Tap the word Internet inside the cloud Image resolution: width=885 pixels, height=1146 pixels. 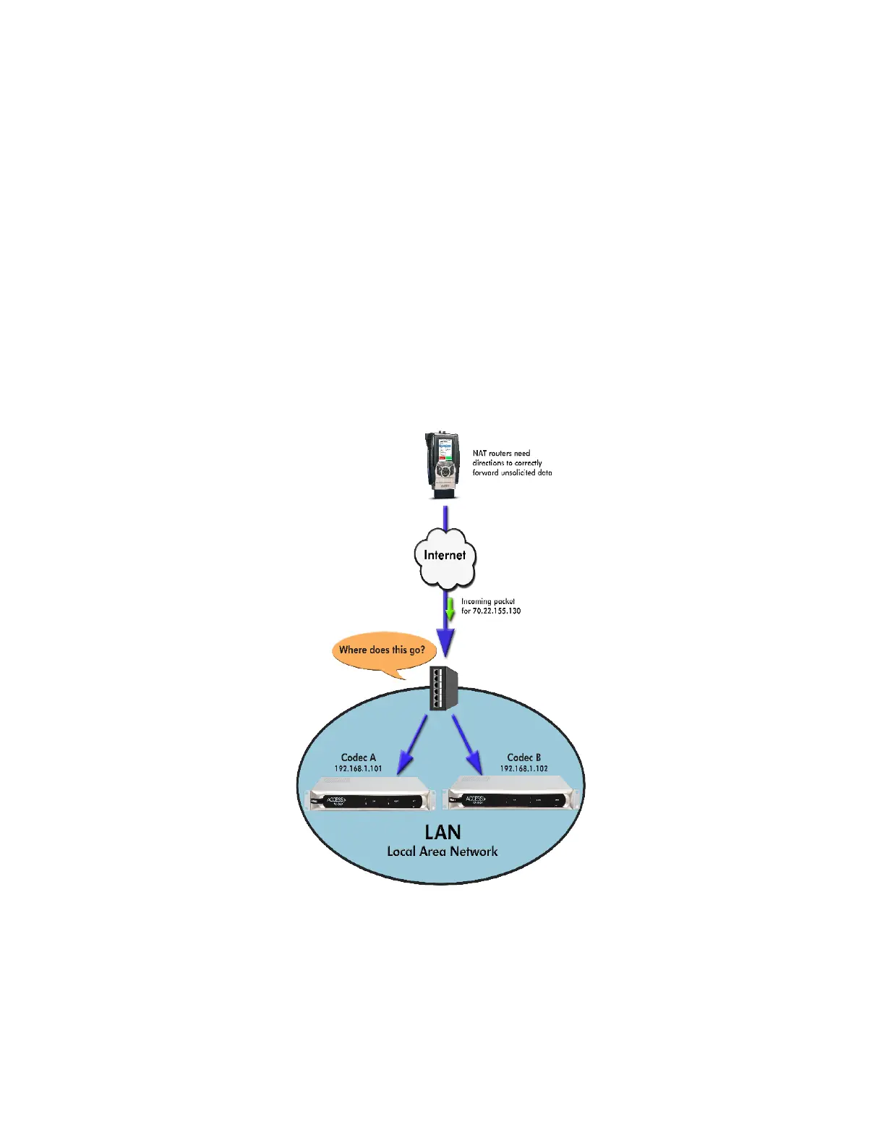coord(445,555)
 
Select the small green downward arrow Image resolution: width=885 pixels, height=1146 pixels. coord(450,609)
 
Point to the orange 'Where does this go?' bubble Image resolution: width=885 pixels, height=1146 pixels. coord(382,650)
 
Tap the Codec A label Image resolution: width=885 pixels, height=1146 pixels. coord(358,757)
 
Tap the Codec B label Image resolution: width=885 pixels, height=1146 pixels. coord(523,757)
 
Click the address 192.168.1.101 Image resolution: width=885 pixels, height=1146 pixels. coord(358,768)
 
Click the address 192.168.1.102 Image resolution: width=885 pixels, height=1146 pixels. coord(523,768)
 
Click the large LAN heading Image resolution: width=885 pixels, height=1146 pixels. coord(442,832)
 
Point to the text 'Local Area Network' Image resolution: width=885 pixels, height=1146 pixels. coord(442,852)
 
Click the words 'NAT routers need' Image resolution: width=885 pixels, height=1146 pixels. coord(501,454)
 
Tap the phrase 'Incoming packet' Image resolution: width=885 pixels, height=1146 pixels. coord(488,601)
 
